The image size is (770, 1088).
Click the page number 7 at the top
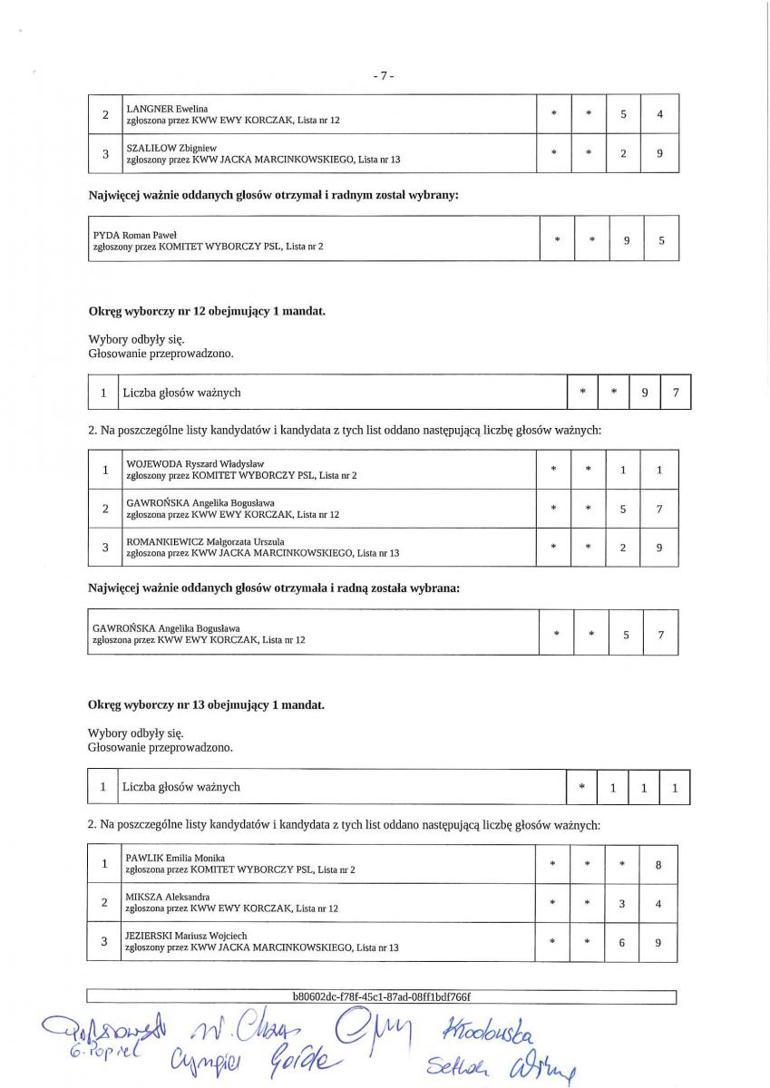[x=384, y=76]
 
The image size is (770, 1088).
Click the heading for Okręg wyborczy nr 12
[x=206, y=311]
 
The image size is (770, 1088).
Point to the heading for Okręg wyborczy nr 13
[x=206, y=704]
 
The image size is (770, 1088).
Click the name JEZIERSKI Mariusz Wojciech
[x=186, y=936]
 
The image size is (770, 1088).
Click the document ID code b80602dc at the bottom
[x=381, y=996]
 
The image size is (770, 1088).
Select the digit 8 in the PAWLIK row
[x=658, y=865]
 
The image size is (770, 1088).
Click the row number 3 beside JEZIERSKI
[x=104, y=942]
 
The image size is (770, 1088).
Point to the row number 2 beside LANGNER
[x=105, y=115]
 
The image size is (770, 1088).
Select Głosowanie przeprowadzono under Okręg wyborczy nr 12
[x=161, y=354]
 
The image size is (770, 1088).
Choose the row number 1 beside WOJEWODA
[x=105, y=470]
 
